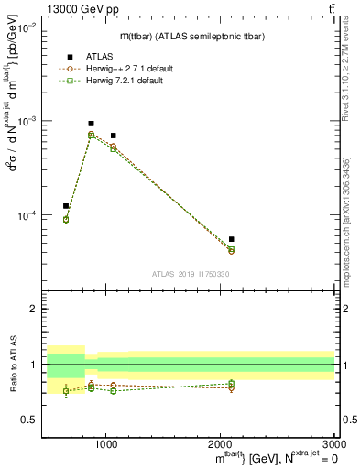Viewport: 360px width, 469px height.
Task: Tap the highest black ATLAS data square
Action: [91, 124]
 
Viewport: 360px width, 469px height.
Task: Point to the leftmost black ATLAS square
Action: [66, 206]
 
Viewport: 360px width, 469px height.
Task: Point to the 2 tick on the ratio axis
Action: [34, 309]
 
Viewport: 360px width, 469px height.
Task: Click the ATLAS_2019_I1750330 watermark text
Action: [191, 274]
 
